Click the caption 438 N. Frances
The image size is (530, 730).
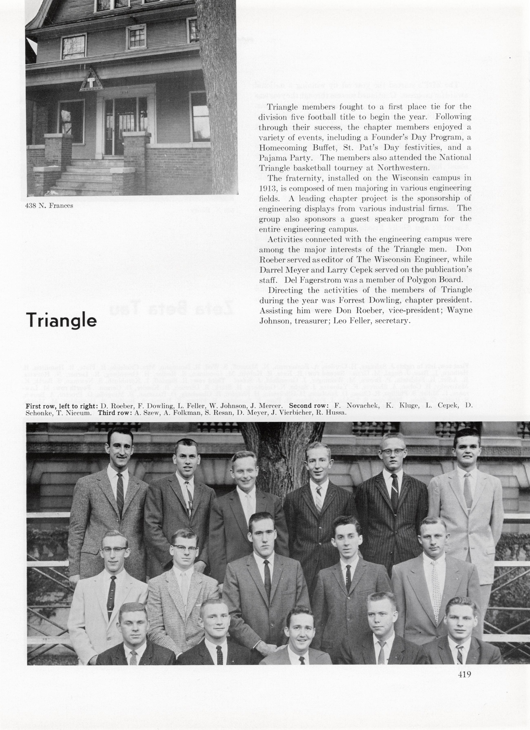pyautogui.click(x=49, y=206)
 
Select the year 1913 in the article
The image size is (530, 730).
pyautogui.click(x=267, y=188)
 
